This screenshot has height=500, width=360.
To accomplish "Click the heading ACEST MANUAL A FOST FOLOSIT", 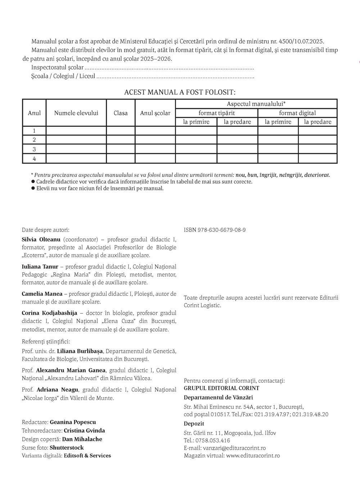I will coord(180,92).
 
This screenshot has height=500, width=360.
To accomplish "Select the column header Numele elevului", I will coord(76,113).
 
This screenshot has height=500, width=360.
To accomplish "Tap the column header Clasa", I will coord(121,113).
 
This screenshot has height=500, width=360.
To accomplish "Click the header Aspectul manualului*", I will coord(256,104).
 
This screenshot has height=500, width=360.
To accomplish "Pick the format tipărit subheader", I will coord(216,113).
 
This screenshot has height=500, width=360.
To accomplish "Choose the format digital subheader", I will coord(297,113).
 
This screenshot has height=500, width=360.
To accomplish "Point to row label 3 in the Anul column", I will coord(34,149).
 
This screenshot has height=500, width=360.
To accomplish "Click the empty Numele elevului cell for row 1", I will coord(76,131).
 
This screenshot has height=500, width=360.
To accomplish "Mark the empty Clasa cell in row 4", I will coord(121,159).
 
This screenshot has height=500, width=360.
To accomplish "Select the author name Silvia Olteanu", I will coord(41,240).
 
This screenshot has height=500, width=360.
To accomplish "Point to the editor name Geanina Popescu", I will coord(73,422).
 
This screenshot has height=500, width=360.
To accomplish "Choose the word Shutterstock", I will coord(67,448).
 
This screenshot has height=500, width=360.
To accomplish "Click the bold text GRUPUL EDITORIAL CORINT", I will coord(221,388).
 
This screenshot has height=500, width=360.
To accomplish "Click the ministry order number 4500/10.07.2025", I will coord(305,42).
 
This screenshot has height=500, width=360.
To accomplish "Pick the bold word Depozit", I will coord(194,424).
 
